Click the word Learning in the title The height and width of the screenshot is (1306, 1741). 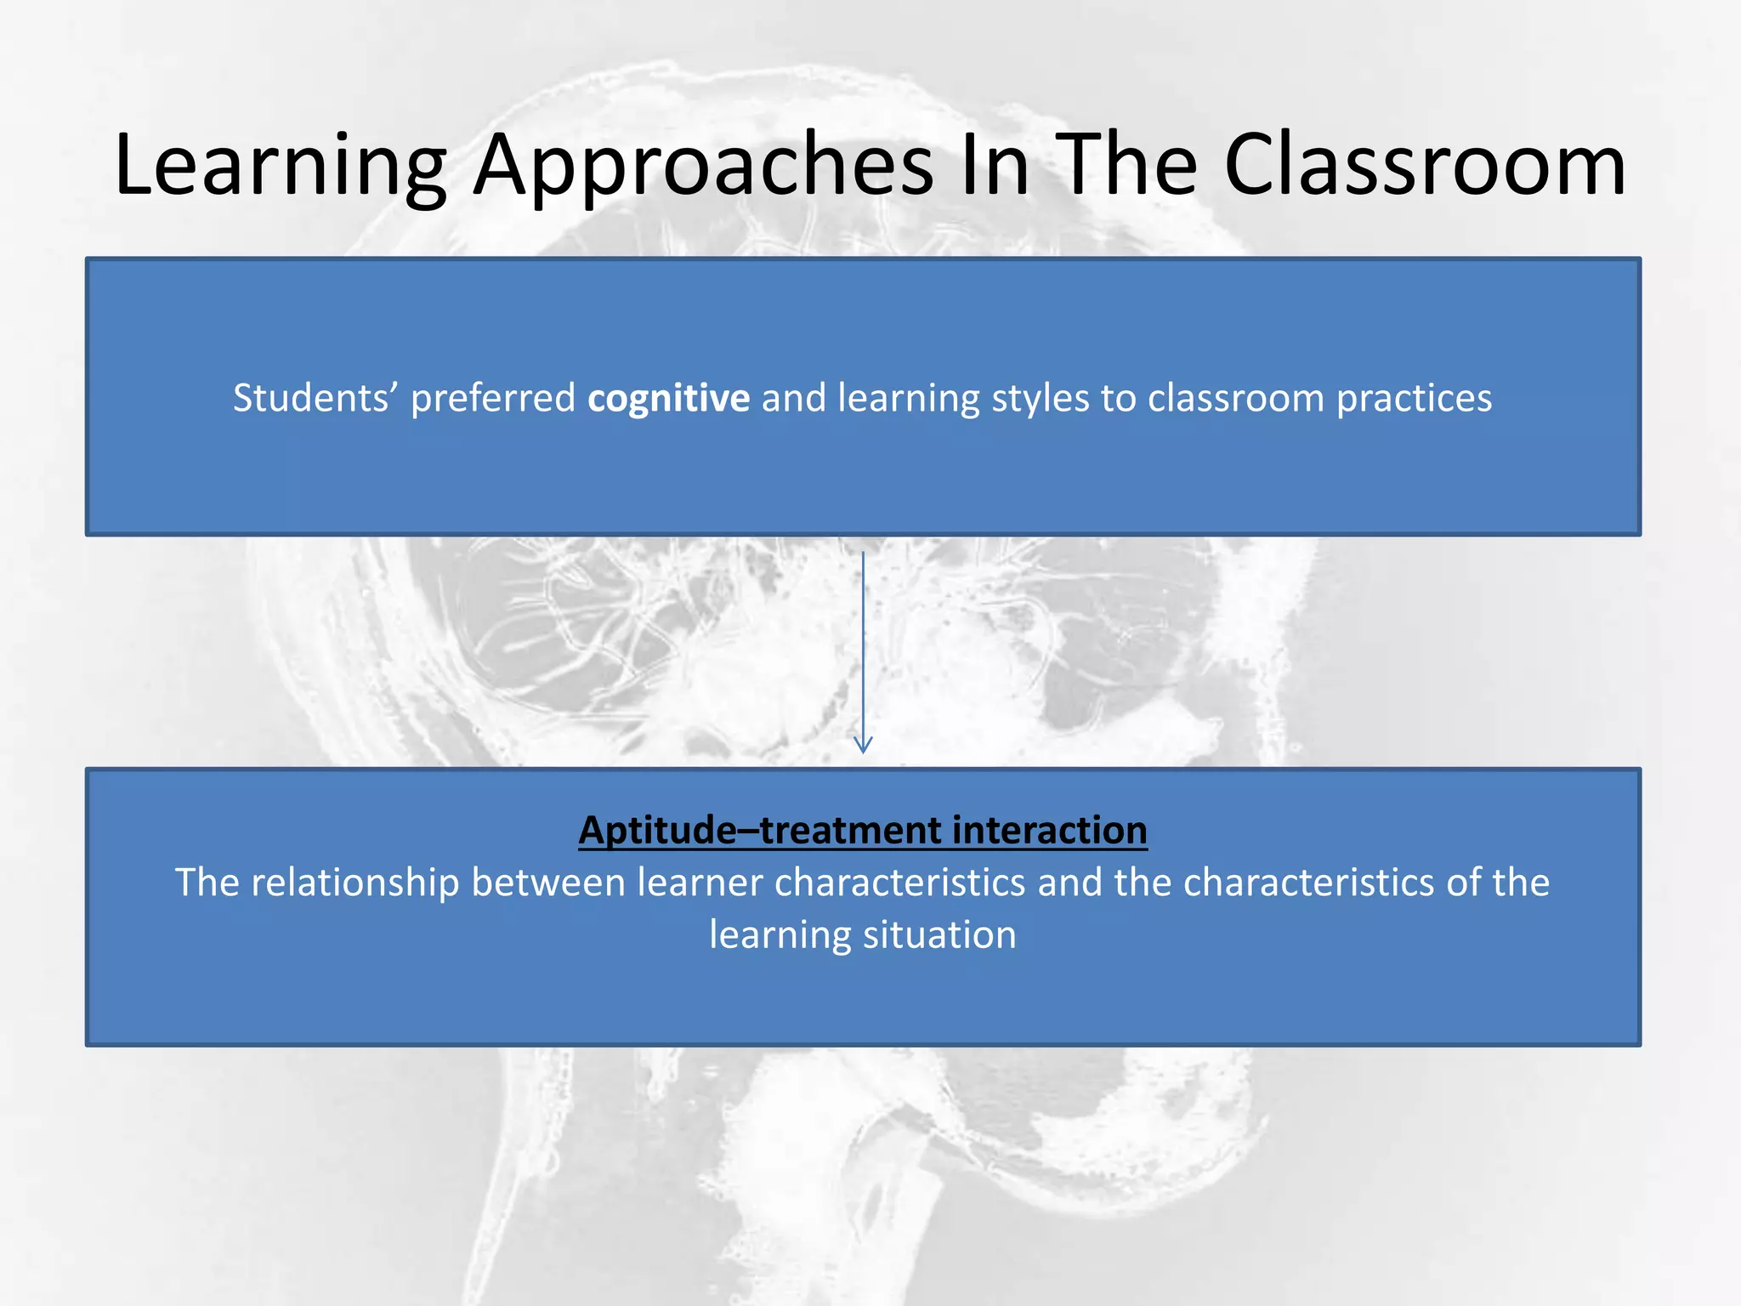pos(281,166)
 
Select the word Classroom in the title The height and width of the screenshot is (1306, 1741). pos(1425,166)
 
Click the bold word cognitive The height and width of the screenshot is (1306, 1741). pos(668,399)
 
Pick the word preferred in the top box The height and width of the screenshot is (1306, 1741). pos(493,399)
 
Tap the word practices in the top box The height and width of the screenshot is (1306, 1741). pos(1414,399)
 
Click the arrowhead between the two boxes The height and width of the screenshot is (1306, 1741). pos(863,745)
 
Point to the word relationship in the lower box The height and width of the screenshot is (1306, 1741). pos(354,883)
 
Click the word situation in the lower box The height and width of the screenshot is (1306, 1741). pos(939,935)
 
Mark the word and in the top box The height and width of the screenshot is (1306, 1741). pos(793,399)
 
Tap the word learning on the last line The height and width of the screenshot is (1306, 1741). pos(780,935)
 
